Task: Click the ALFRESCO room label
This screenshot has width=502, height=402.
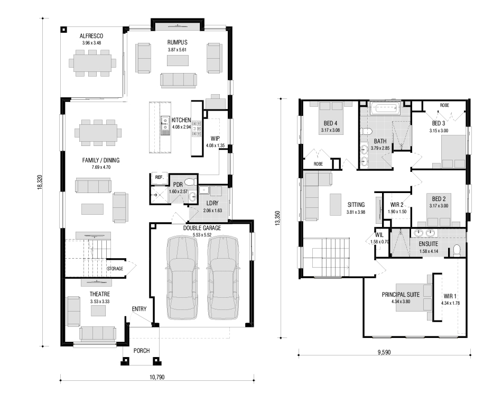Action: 91,36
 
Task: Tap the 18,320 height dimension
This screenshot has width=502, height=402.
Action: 40,182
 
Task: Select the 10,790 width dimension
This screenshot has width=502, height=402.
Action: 157,377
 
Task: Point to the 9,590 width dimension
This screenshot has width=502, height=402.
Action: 384,352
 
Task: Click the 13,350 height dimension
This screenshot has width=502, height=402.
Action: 278,218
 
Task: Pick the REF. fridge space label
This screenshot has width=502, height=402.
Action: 160,177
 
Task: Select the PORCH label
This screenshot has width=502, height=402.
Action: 142,351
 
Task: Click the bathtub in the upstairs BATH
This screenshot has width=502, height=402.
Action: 385,108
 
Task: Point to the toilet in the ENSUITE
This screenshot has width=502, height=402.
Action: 457,250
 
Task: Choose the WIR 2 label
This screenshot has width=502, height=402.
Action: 397,205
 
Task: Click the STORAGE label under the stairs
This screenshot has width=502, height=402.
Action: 115,269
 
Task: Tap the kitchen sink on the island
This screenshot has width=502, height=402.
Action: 165,124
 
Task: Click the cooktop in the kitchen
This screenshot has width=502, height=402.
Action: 197,128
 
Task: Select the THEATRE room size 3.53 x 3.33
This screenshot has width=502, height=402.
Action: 100,301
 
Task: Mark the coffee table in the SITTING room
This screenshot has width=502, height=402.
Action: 336,205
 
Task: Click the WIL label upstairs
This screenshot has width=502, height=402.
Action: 379,235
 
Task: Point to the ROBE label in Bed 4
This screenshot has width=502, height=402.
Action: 318,164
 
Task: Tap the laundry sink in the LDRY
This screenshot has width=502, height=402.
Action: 203,190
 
